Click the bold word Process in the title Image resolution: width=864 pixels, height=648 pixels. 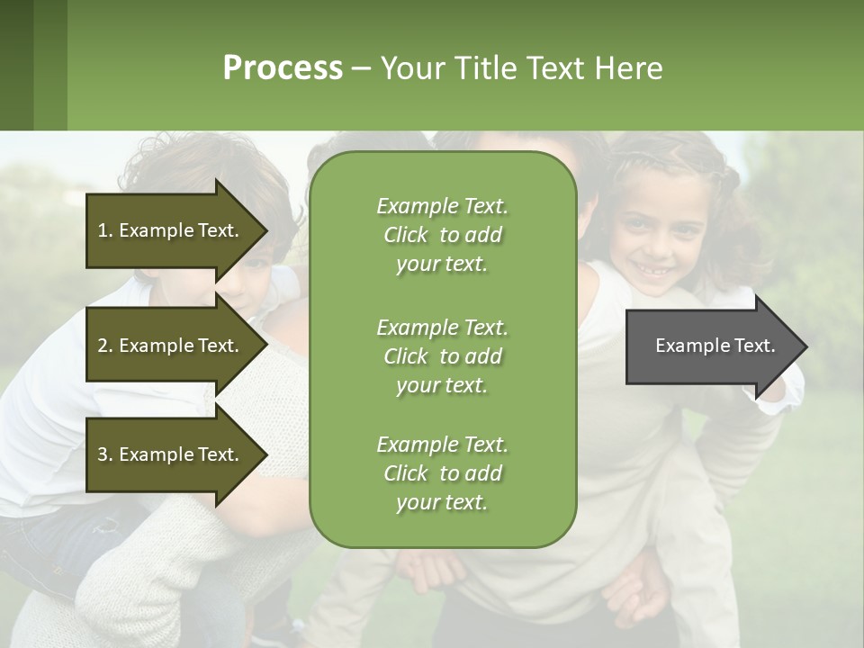click(x=283, y=68)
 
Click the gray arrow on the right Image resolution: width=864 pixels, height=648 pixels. click(x=711, y=346)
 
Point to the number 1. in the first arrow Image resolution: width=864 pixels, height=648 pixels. click(x=105, y=230)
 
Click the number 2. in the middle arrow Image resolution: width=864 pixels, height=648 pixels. click(x=105, y=346)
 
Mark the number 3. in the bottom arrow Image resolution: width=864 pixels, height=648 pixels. click(x=105, y=454)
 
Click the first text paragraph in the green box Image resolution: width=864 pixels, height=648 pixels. click(x=443, y=235)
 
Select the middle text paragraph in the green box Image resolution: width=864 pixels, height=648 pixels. click(x=443, y=356)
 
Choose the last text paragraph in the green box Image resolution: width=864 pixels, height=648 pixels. click(x=443, y=473)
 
